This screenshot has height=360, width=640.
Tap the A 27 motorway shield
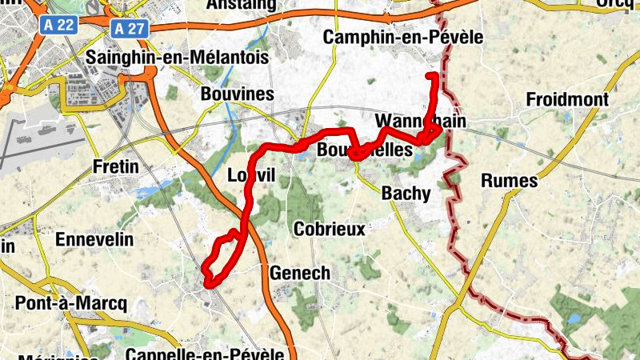coord(129,29)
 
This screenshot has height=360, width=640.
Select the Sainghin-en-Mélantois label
coord(177,58)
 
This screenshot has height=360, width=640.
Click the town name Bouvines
coord(236,94)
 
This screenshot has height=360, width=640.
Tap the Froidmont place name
coord(568,100)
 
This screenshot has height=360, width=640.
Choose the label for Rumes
coord(510,181)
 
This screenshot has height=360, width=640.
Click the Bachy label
coord(406,193)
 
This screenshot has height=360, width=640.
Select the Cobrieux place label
coord(330,230)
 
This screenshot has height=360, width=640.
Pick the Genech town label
coord(300,273)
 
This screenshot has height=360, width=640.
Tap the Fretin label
coord(116,167)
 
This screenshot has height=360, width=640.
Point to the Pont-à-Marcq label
coord(71,303)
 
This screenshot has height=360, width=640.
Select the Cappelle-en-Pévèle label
coord(206,353)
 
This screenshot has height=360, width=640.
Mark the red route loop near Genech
coord(220,260)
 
